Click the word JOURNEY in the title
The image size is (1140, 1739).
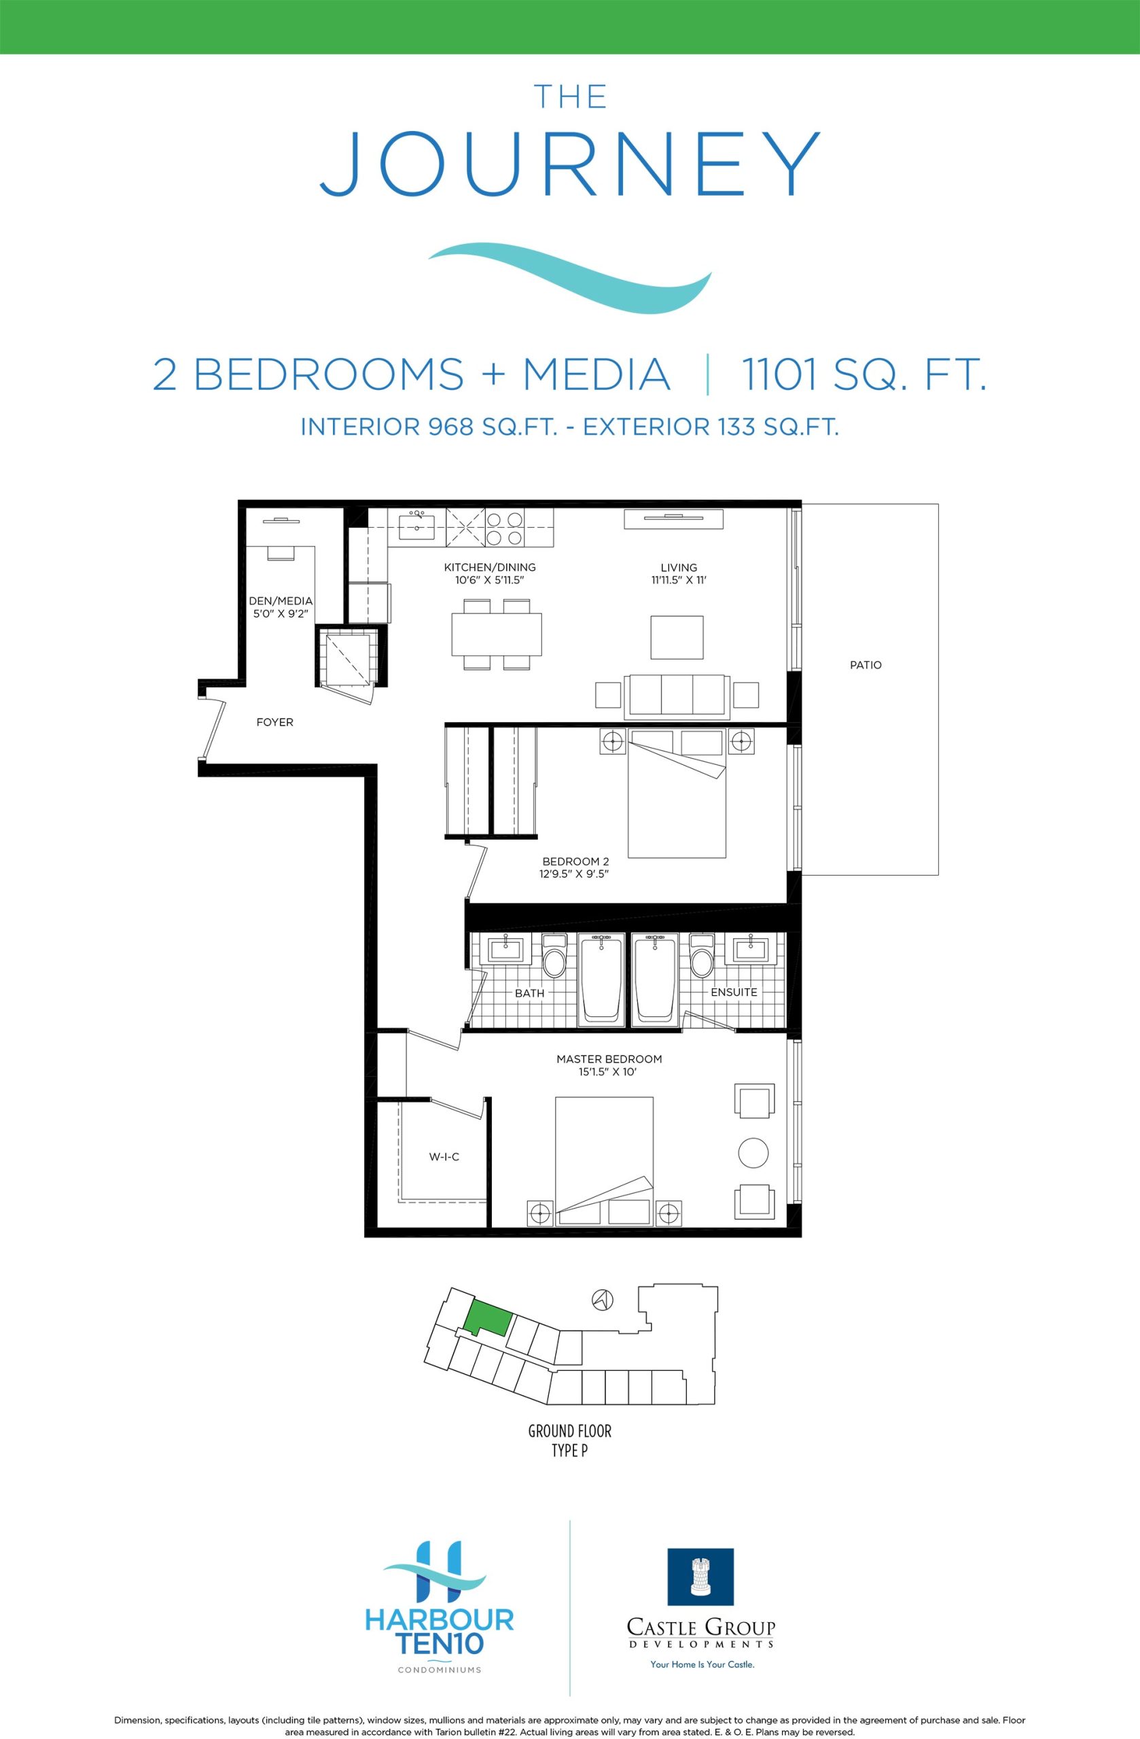tap(570, 164)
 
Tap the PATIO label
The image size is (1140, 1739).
tap(866, 665)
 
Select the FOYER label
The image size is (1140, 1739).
tap(274, 722)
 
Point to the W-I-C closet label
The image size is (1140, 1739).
tap(444, 1157)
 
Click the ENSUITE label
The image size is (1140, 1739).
tap(734, 992)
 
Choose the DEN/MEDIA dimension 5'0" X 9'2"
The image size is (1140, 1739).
tap(281, 615)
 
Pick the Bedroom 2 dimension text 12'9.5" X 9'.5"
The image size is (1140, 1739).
tap(575, 873)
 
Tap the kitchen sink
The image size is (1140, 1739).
tap(416, 526)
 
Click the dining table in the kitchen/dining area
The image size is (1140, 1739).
tap(497, 634)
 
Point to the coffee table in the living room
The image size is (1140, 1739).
tap(677, 637)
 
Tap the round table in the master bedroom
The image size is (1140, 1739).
tap(753, 1153)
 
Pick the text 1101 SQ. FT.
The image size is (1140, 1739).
tap(863, 374)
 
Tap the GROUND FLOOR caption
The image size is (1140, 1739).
tap(570, 1431)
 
